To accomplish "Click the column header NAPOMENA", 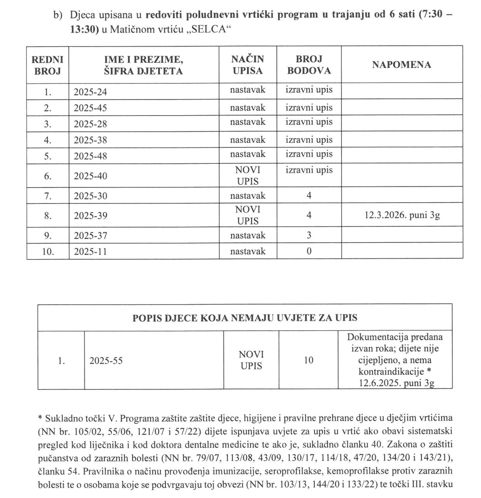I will [x=401, y=65].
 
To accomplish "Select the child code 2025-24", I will [x=90, y=92].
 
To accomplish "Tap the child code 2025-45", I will [x=90, y=108].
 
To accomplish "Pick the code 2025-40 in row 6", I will [x=90, y=176].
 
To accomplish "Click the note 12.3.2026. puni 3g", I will [x=401, y=215].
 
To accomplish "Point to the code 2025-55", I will [x=106, y=361].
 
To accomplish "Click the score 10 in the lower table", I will [x=308, y=360].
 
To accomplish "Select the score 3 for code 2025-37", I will [x=309, y=235].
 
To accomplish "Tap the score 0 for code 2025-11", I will [x=309, y=251].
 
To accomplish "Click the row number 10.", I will [x=48, y=252].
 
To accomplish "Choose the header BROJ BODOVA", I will [x=309, y=65].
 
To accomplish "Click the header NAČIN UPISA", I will [x=247, y=65].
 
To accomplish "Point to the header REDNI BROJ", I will [x=47, y=65].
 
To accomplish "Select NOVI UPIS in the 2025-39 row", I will [x=247, y=215].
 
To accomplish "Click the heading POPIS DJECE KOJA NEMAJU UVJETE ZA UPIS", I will [x=245, y=318].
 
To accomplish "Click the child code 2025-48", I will [x=90, y=156].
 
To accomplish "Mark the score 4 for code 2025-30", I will [x=309, y=196].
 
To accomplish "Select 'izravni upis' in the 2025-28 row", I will [x=309, y=122].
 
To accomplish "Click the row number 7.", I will [x=48, y=196].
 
